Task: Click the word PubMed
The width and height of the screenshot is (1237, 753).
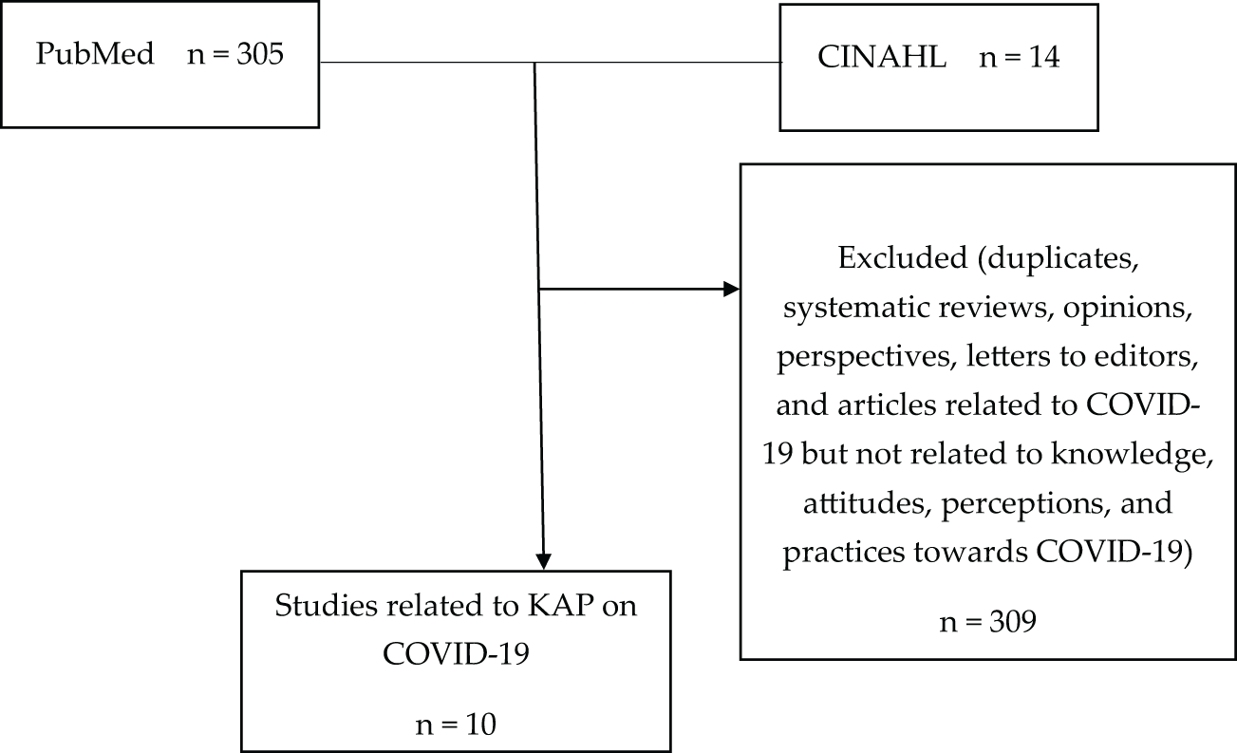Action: (95, 54)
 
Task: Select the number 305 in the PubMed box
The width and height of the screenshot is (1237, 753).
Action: (260, 54)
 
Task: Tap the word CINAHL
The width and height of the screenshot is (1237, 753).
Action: (882, 57)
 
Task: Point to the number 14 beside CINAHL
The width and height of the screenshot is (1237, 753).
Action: (1043, 57)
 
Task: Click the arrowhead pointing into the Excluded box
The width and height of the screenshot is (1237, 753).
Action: (732, 289)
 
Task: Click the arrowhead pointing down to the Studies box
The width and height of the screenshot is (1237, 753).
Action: (544, 562)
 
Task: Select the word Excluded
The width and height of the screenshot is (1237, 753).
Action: (903, 258)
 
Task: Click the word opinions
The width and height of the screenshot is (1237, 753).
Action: (1128, 308)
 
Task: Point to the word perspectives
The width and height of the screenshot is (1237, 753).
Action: (867, 357)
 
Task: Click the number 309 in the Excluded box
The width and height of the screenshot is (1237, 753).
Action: (1012, 622)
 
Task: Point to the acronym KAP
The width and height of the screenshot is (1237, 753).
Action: (560, 606)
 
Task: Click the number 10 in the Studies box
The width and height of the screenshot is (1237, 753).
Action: (480, 725)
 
